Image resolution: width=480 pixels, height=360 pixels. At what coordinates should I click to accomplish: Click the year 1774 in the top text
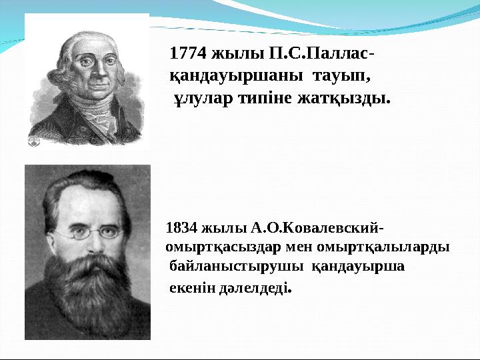[x=188, y=52]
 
